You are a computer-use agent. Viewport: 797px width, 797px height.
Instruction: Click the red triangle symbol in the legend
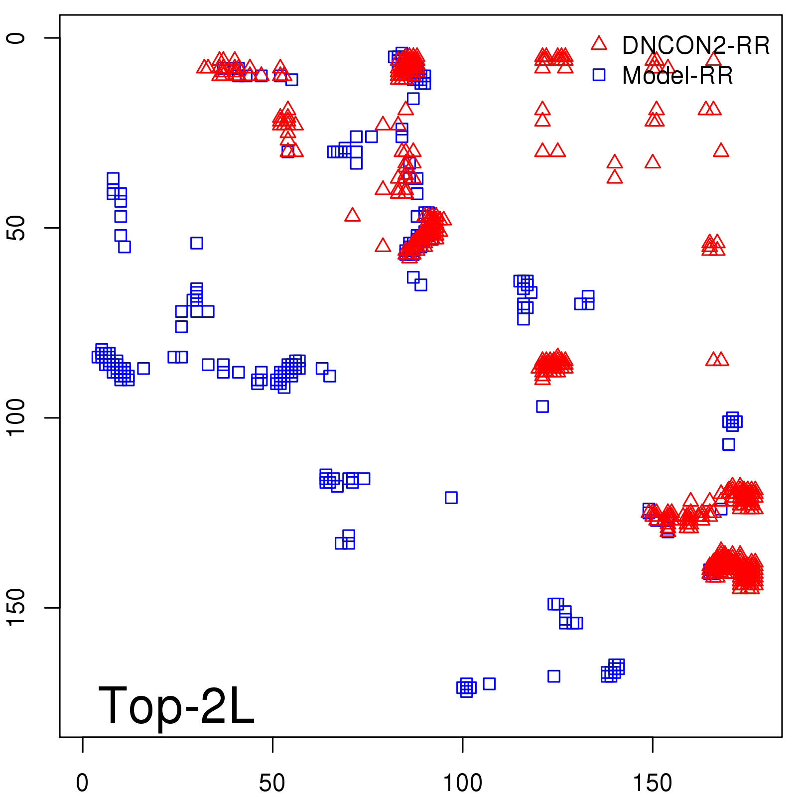(x=599, y=43)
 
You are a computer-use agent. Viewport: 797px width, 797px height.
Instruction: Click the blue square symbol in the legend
(x=599, y=75)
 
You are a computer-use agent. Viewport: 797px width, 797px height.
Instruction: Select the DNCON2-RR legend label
(x=695, y=45)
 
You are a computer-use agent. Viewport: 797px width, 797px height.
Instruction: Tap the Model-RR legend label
(x=677, y=76)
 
